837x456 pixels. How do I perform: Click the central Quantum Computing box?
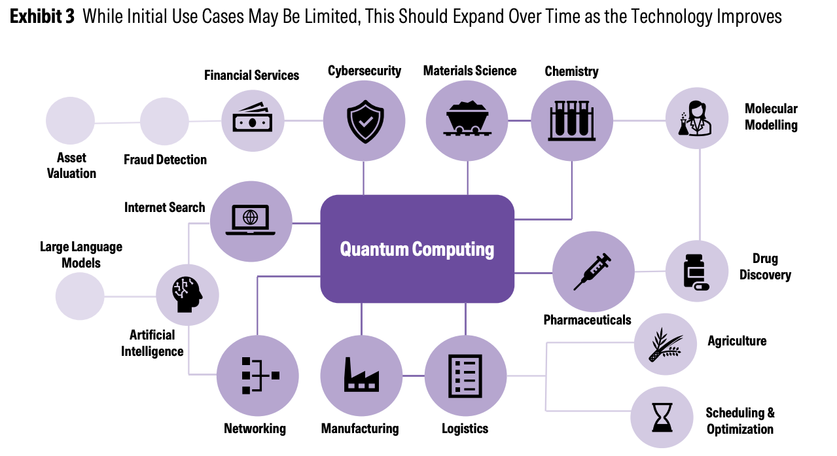(x=417, y=249)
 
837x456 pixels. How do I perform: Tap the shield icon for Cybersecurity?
(x=365, y=121)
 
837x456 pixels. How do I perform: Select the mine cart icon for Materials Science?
(x=467, y=120)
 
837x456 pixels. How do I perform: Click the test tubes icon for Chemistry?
(x=571, y=120)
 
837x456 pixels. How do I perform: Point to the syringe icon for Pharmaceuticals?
(x=593, y=272)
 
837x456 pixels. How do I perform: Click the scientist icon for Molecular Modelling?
(x=696, y=118)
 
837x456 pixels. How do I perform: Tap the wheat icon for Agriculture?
(x=665, y=344)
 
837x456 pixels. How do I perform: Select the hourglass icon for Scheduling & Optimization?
(x=662, y=417)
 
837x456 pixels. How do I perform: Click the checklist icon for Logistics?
(x=465, y=376)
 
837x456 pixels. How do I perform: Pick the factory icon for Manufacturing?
(x=361, y=376)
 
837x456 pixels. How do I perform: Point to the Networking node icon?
(x=258, y=376)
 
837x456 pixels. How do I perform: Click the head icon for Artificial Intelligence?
(x=187, y=294)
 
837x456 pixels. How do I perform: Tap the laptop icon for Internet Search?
(x=251, y=221)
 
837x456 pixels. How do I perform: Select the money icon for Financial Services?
(x=252, y=120)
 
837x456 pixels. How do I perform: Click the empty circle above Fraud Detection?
(x=164, y=122)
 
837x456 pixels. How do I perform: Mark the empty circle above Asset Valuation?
(x=70, y=121)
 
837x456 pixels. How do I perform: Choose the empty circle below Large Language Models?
(x=80, y=296)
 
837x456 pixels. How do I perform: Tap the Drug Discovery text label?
(x=765, y=266)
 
